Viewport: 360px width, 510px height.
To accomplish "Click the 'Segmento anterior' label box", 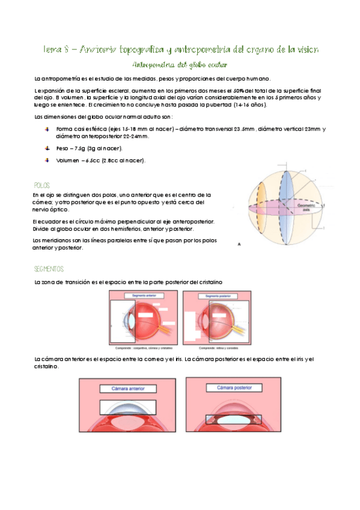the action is point(141,296).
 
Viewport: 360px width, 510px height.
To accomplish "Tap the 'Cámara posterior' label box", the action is point(233,389).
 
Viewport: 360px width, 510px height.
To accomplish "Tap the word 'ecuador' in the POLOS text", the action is point(50,221).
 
